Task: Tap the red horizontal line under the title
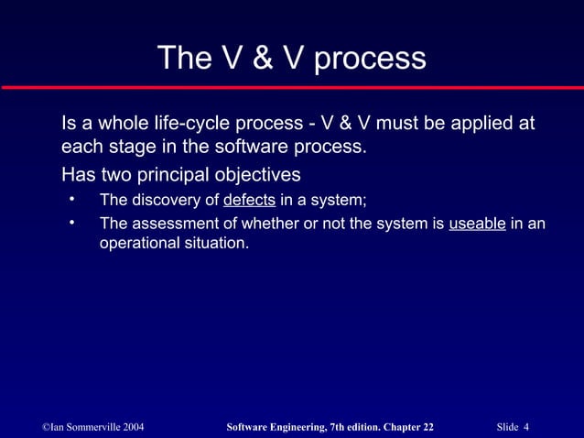tap(292, 87)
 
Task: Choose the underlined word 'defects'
tap(250, 201)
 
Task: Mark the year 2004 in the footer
tap(127, 427)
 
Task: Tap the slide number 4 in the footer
tap(528, 427)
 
